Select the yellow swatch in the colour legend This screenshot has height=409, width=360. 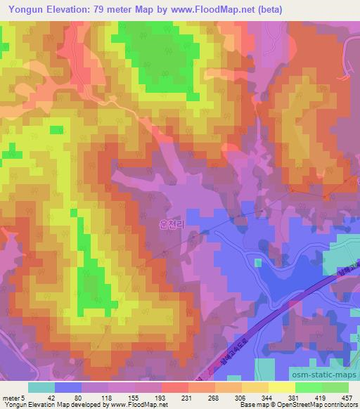(x=281, y=387)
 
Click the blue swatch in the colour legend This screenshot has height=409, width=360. (x=68, y=387)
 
